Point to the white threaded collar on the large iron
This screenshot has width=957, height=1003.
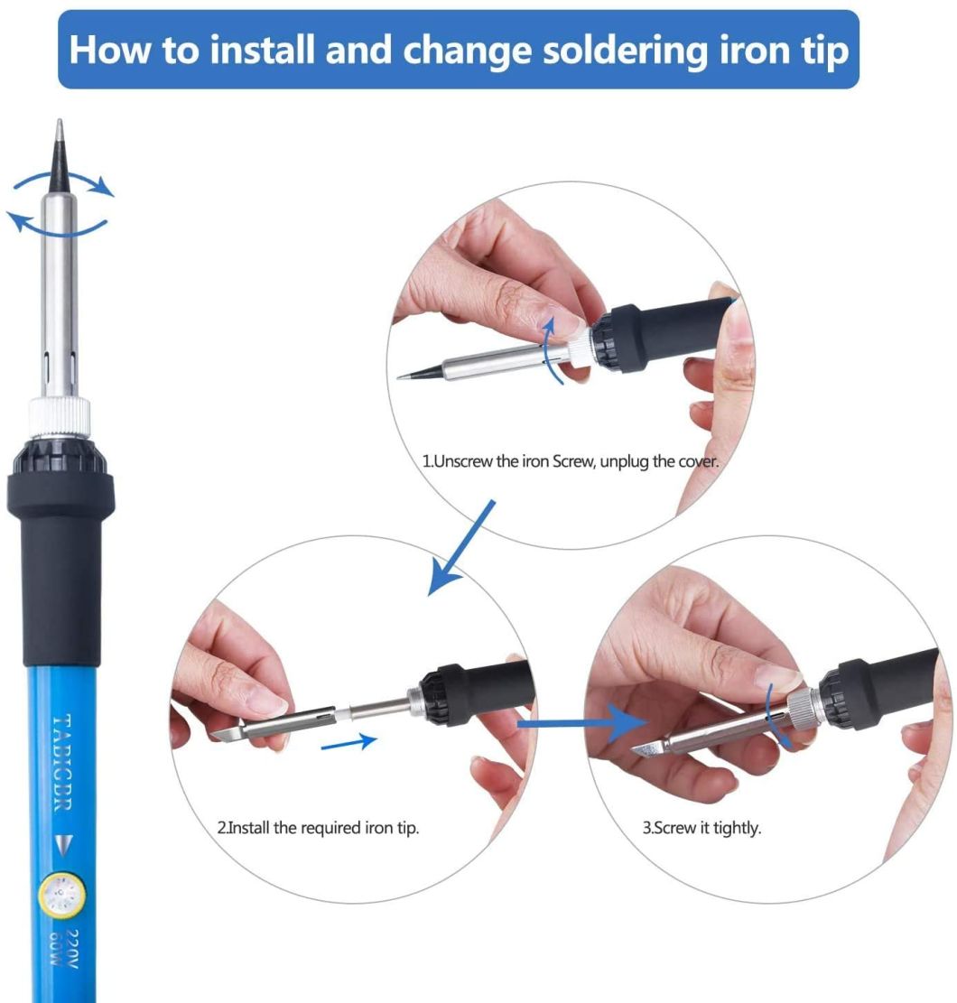coord(60,417)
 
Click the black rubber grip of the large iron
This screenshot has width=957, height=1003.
coord(61,560)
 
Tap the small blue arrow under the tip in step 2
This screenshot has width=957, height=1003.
coord(348,741)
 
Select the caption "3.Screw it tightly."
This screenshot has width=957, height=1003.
coord(701,828)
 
